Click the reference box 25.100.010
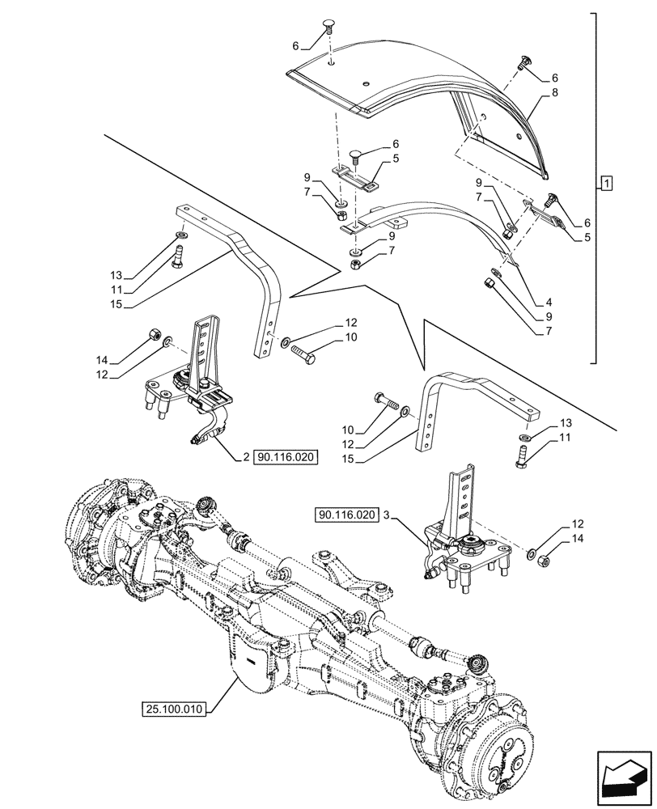coord(172,709)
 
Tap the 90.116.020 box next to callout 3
coord(348,515)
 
